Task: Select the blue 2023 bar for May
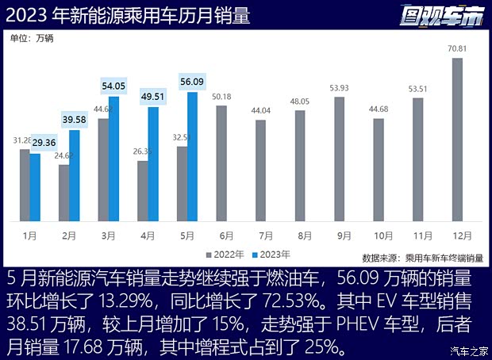192,158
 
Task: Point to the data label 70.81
457,49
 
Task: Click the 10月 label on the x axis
382,236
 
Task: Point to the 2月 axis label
69,236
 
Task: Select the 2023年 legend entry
271,255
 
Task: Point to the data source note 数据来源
421,258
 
